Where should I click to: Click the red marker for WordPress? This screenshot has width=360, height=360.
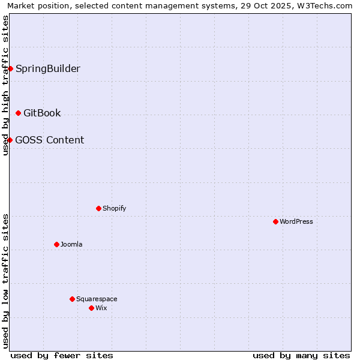point(275,221)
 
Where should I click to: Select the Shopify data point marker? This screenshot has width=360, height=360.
point(98,208)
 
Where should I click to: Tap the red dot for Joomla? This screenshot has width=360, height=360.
point(56,244)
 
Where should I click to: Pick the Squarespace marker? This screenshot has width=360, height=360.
point(72,299)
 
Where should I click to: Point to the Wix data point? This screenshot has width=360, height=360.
point(91,308)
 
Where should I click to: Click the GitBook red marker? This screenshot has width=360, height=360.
point(18,113)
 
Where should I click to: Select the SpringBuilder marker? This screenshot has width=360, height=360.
point(10,68)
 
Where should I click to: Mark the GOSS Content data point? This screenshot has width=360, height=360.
point(10,140)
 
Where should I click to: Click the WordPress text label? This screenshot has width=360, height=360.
point(296,221)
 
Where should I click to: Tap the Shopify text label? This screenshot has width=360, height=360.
point(114,208)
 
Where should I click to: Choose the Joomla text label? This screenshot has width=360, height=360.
point(71,244)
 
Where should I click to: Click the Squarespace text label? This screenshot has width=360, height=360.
point(97,299)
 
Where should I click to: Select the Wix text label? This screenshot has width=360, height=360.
point(101,308)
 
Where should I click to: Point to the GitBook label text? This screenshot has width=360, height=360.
point(42,113)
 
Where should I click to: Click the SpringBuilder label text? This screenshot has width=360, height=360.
point(48,68)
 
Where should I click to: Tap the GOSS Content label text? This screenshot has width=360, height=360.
point(50,140)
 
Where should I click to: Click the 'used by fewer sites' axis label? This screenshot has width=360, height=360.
point(62,355)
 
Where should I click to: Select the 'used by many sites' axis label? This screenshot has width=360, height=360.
point(301,355)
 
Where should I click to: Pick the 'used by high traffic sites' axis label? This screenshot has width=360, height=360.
point(5,85)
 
